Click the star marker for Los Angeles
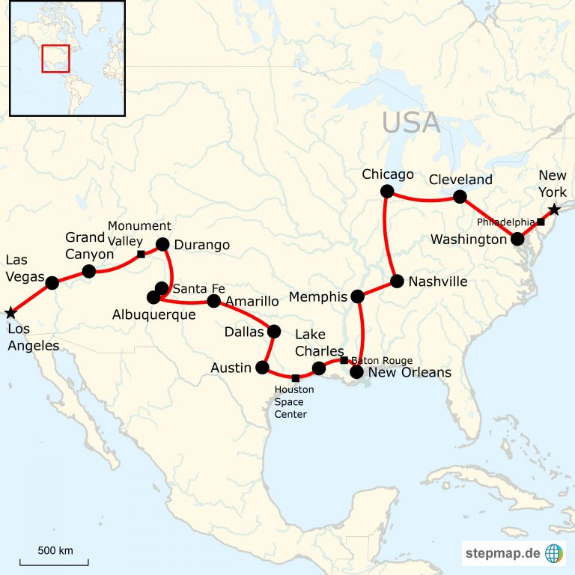point(10,312)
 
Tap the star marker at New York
point(553,210)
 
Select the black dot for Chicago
point(387,192)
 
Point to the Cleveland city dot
point(460,197)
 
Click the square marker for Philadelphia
point(541,222)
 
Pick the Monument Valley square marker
point(141,255)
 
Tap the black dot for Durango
point(162,244)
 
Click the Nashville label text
point(439,282)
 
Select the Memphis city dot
point(358,296)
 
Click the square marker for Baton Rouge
point(344,360)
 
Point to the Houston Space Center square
point(296,378)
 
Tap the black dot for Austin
point(262,367)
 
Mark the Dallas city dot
point(274,331)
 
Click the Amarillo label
point(252,301)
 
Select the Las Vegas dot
point(52,282)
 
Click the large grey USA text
point(411,122)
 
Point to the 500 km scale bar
point(55,562)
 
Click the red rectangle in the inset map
point(55,58)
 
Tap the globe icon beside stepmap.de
point(554,553)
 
